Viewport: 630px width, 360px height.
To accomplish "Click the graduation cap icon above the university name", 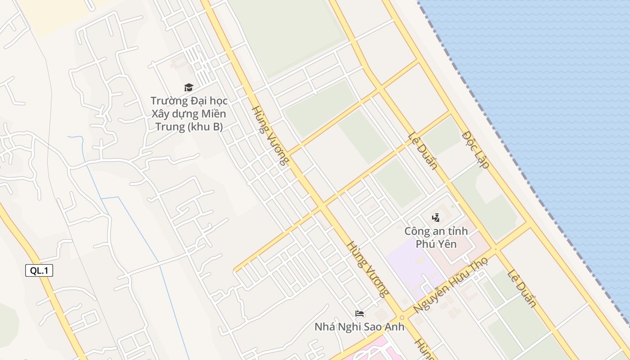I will (x=189, y=87).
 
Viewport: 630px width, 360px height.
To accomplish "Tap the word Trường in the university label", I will (x=166, y=101).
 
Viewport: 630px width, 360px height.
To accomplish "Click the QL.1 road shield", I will (x=39, y=270).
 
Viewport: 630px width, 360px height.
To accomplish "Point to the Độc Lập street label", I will (x=476, y=149).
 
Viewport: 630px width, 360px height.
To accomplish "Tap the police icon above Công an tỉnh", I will (x=436, y=218).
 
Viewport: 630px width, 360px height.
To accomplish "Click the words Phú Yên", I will (x=436, y=244).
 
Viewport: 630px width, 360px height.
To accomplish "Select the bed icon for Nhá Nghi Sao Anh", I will (x=359, y=314).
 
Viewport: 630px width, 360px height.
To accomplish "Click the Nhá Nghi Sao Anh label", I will (x=359, y=327).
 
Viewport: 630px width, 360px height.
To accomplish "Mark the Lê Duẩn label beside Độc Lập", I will (x=423, y=151).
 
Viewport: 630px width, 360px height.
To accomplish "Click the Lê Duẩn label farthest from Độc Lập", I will (x=522, y=288).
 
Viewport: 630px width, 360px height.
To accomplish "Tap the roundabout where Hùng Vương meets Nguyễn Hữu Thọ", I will (x=402, y=317).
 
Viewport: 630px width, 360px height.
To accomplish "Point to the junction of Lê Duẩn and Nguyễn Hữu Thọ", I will (x=495, y=249).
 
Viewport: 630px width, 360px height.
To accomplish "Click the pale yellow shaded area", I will (x=54, y=16).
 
